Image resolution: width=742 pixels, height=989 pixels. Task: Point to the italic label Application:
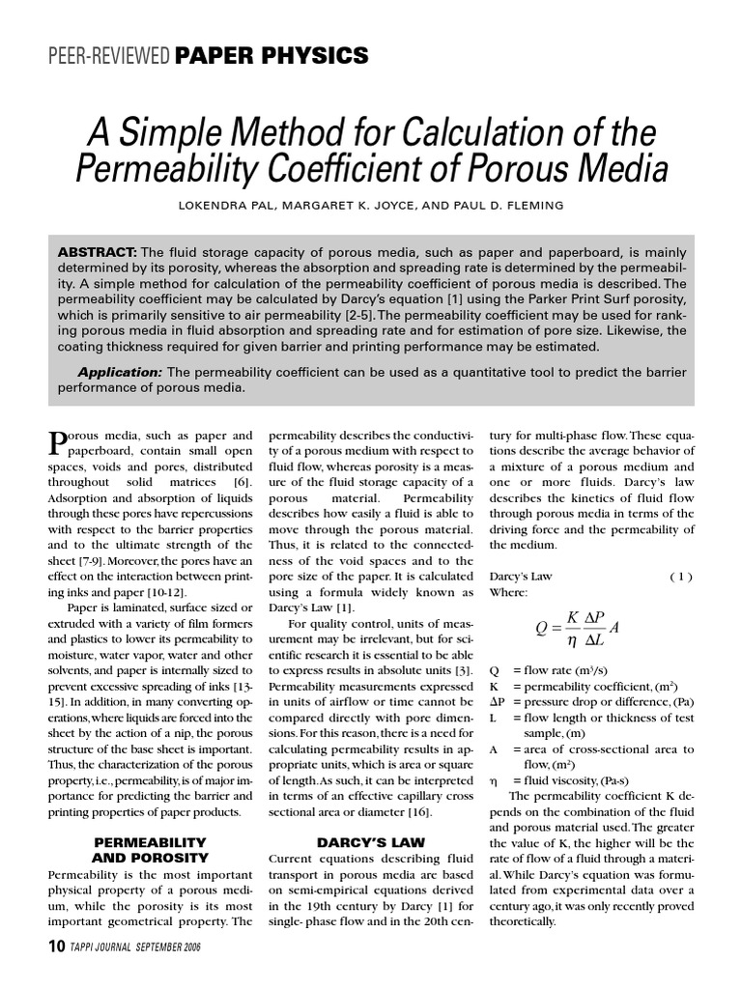[x=120, y=372]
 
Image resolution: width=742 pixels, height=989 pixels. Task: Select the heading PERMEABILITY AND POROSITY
[x=150, y=850]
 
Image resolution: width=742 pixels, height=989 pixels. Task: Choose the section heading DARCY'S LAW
[x=359, y=842]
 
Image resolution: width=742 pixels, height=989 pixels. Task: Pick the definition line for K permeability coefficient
[x=570, y=683]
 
